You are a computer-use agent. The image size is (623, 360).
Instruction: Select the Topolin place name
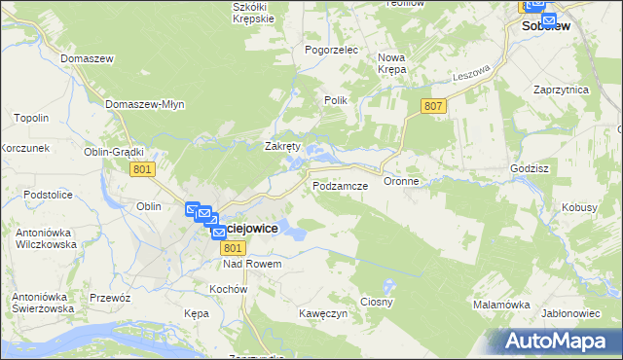(x=31, y=119)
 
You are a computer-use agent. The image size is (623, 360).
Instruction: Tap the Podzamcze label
(x=339, y=184)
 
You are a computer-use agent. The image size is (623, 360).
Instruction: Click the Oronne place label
(x=401, y=181)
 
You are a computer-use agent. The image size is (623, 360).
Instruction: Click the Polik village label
(x=335, y=100)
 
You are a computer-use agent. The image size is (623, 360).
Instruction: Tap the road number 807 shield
(x=434, y=105)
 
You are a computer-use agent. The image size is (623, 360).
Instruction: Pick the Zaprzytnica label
(x=561, y=90)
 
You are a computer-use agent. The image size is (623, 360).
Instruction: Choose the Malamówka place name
(x=500, y=305)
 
